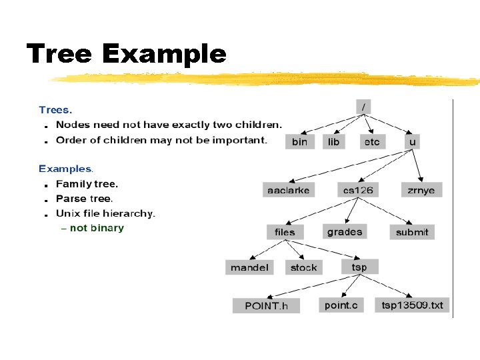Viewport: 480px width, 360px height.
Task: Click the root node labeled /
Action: tap(363, 107)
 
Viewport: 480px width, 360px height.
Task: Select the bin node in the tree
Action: tap(300, 141)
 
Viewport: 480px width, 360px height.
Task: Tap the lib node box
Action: tap(334, 141)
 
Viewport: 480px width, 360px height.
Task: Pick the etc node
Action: tap(372, 141)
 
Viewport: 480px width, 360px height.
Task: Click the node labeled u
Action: tap(413, 141)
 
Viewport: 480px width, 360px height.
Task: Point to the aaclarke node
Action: tap(289, 190)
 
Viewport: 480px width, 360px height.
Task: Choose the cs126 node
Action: tap(358, 190)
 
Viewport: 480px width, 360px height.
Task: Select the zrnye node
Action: tap(421, 190)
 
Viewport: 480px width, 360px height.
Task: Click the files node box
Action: tap(285, 232)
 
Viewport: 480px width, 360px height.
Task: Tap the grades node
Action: tap(345, 231)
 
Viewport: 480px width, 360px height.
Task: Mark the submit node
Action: tap(412, 232)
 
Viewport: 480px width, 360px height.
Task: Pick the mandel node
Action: tap(249, 267)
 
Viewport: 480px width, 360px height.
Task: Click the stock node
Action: tap(304, 267)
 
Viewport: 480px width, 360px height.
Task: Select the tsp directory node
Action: tap(359, 267)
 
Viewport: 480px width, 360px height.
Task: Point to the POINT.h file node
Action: tap(266, 306)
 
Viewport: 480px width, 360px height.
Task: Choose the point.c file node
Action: tap(341, 305)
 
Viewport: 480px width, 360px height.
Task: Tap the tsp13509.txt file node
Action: tap(412, 305)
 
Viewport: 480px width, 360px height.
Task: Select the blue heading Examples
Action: tap(65, 169)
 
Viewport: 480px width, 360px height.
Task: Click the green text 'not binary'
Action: tap(97, 228)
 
